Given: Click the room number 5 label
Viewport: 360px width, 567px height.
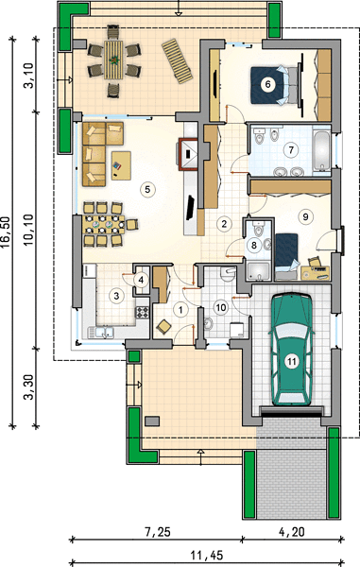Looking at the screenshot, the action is pos(147,189).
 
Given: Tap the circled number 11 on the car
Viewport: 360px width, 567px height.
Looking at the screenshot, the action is pos(292,361).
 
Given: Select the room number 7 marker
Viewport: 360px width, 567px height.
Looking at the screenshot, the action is pos(291,150).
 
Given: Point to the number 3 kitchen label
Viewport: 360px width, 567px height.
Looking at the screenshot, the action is pos(116,296).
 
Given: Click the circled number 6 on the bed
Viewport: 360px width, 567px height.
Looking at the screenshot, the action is pos(267,84).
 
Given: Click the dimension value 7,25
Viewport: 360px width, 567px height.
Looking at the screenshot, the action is pos(157,532).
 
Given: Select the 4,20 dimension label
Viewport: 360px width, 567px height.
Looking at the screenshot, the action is pos(292,532).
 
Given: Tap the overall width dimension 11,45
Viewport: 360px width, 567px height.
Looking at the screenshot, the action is pos(206,555).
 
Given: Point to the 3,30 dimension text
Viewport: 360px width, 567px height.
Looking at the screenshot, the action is pos(28,387).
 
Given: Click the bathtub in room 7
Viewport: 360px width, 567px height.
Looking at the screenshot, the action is pos(321,150).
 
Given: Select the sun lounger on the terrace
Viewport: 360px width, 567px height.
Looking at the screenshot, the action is pos(177,61).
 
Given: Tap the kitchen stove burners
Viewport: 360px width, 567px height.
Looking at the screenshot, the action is pos(142,312).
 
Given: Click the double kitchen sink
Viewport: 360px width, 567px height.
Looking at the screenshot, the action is pos(102,333).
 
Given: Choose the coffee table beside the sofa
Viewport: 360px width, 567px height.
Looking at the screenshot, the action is pos(121,165).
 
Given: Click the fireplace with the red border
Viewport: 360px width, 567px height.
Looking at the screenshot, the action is pos(188,154).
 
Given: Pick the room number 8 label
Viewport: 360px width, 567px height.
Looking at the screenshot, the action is pos(254,246).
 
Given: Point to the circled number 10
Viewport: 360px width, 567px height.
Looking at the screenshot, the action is pos(220,308).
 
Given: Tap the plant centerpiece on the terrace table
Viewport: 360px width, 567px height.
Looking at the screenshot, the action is pos(114,59).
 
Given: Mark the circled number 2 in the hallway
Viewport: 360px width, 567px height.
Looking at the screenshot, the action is pos(224,223).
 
